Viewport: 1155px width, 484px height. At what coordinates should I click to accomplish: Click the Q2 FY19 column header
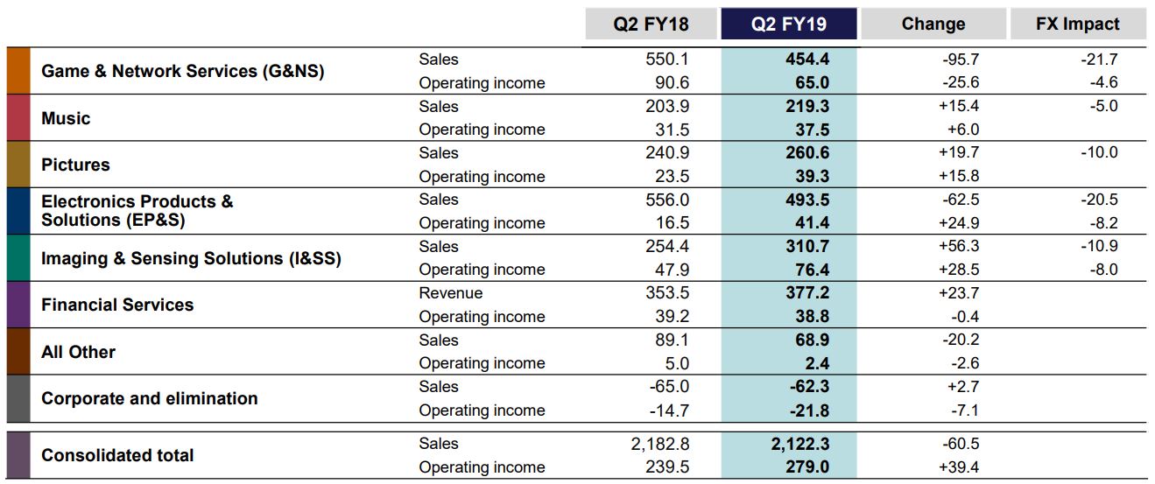coord(788,25)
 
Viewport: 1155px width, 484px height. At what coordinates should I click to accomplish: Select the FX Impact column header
coord(1077,25)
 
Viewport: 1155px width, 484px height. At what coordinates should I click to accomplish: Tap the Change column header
coord(933,25)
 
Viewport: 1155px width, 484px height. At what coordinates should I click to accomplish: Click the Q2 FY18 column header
coord(651,25)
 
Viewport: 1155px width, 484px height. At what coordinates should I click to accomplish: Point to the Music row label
coord(66,118)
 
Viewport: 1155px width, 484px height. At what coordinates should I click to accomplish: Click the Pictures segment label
coord(75,165)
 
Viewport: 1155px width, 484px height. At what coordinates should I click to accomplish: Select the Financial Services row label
coord(117,305)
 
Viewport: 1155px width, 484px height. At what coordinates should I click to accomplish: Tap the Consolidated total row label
coord(117,455)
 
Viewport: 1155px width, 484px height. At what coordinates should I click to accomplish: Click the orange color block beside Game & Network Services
coord(18,71)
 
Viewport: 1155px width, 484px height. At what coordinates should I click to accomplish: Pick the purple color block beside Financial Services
coord(18,305)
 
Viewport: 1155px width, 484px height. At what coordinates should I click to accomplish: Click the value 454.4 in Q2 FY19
coord(807,60)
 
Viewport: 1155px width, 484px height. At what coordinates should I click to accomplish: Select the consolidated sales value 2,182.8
coord(659,444)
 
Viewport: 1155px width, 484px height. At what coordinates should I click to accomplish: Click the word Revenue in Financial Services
coord(450,293)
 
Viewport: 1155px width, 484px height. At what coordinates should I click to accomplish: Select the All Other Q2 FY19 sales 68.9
coord(811,340)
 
